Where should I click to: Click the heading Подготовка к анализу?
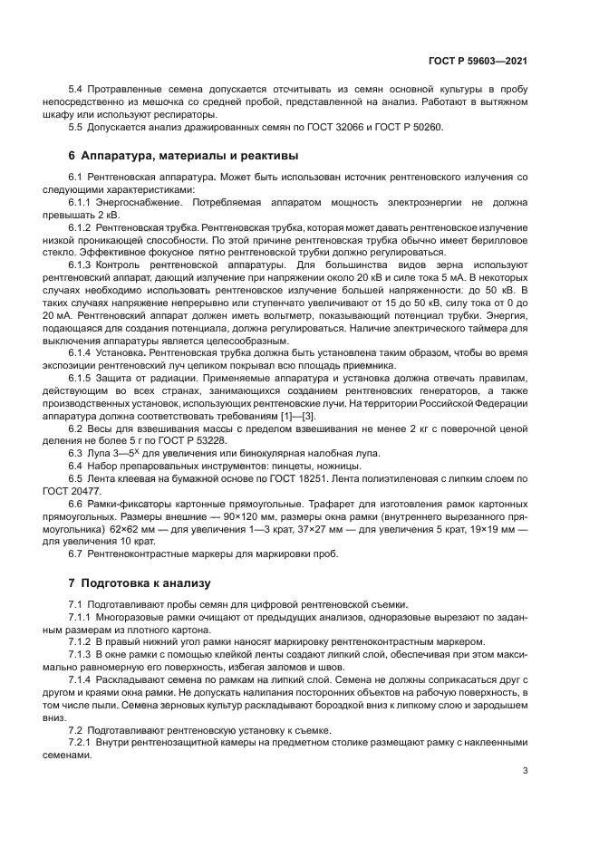(145, 583)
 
